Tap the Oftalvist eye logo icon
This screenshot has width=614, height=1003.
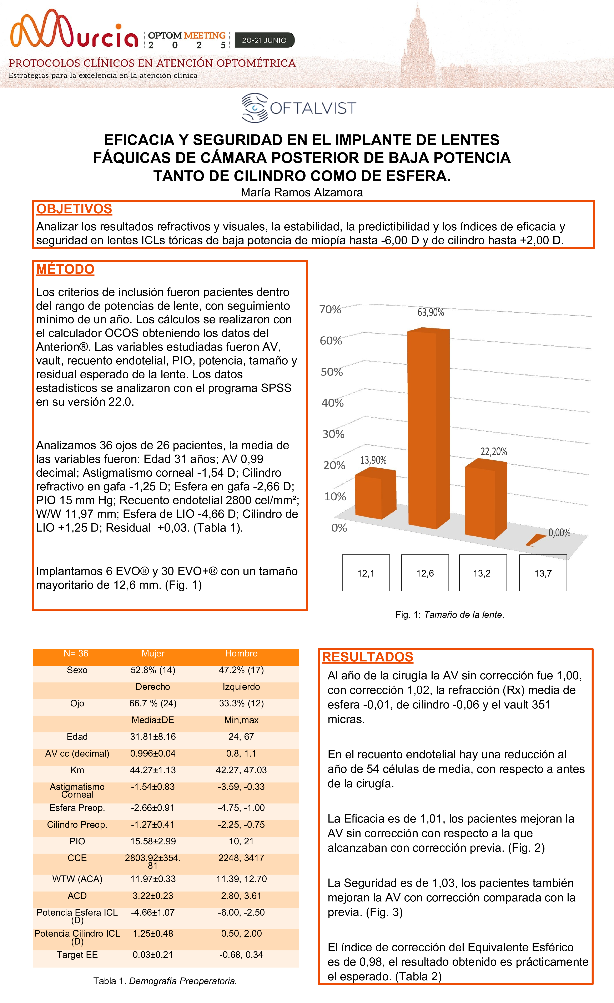pyautogui.click(x=255, y=108)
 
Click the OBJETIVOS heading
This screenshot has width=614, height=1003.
pyautogui.click(x=74, y=209)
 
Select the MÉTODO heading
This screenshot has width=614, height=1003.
pyautogui.click(x=65, y=269)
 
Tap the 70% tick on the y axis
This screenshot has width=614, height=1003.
pyautogui.click(x=330, y=309)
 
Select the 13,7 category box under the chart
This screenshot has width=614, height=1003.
pyautogui.click(x=543, y=573)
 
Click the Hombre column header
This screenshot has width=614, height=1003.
pyautogui.click(x=241, y=653)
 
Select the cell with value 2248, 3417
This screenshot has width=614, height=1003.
pyautogui.click(x=241, y=858)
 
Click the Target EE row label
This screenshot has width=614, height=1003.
pyautogui.click(x=77, y=955)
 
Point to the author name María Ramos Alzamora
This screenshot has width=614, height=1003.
pyautogui.click(x=302, y=193)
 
